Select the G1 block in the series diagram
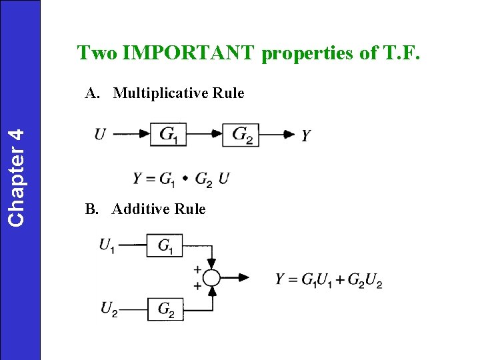point(168,135)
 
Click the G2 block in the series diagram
point(241,135)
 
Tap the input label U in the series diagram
point(99,135)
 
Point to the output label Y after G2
point(305,136)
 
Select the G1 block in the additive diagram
point(165,246)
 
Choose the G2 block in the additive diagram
point(165,309)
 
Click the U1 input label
point(107,245)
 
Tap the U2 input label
point(109,308)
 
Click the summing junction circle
point(211,277)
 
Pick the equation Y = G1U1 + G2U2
point(329,280)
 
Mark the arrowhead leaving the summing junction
point(244,277)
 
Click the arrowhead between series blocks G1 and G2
point(216,135)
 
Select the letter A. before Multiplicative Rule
point(92,93)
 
